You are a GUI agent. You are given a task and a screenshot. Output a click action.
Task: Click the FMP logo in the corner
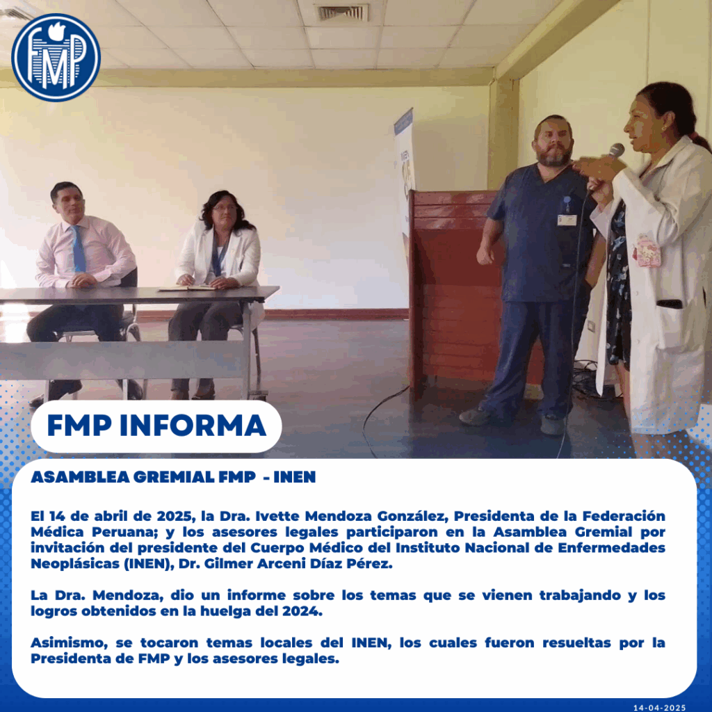tap(56, 58)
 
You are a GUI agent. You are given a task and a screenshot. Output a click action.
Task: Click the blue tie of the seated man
tap(78, 250)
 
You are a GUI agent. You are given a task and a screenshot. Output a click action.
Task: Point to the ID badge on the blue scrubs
tap(567, 220)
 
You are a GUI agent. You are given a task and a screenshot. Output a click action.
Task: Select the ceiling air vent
tap(343, 13)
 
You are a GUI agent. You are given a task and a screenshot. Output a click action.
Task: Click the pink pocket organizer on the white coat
tap(647, 250)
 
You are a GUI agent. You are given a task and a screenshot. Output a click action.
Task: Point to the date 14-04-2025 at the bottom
tap(659, 707)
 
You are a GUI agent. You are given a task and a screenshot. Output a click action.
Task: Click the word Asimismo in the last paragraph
tap(70, 643)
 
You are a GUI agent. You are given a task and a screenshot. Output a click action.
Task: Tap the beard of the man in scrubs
tap(554, 156)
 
